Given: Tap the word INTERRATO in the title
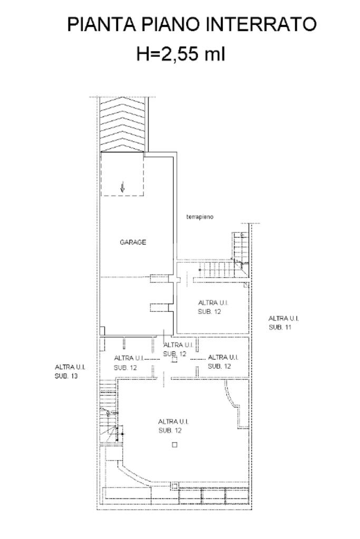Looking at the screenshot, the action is [x=263, y=25].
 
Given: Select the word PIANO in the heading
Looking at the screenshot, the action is [x=171, y=25].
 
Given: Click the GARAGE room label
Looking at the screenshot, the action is [x=133, y=242].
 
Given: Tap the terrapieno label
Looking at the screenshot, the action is [x=200, y=217].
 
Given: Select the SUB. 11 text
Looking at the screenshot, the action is [x=280, y=327].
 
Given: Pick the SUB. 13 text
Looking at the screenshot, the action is [x=66, y=376].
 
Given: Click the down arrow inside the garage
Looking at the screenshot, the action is [x=122, y=188].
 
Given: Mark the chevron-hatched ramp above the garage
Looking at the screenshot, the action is [x=122, y=124].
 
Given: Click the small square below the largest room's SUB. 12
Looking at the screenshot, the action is [x=174, y=445].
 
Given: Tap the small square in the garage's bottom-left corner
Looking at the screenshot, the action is [x=102, y=331].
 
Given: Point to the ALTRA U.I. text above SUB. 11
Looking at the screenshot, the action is [x=284, y=318].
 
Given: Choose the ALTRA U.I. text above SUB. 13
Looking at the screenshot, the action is [x=70, y=367].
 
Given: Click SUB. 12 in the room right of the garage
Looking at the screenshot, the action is [x=209, y=312].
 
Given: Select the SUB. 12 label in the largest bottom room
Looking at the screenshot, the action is [x=170, y=430].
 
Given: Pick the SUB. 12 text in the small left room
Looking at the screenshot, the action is [x=125, y=368].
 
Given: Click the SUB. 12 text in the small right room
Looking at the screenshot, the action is [x=219, y=366].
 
